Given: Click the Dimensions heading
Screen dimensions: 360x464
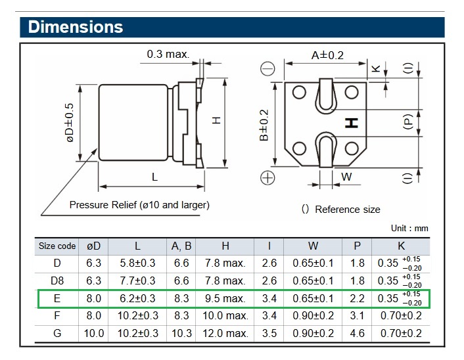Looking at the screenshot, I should [x=76, y=27].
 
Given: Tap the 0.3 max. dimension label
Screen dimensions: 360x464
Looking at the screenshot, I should [x=168, y=54].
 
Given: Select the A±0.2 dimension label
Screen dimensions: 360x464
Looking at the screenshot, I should [x=327, y=55].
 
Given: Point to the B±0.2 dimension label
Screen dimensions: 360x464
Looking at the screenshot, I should [x=264, y=125].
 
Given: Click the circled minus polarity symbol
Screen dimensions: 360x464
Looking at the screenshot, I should [x=268, y=69].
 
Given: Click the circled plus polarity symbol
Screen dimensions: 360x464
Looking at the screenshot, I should [x=268, y=177].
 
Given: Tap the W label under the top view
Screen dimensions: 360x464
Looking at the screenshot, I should [x=347, y=177].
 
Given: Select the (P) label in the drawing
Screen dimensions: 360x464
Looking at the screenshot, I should [x=408, y=123].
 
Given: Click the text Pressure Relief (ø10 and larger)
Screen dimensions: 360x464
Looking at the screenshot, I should [x=139, y=205].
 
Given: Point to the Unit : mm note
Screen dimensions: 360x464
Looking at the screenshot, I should [x=409, y=228].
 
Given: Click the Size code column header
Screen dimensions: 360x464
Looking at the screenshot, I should [x=57, y=246].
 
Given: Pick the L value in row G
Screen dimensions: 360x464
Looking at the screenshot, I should [x=137, y=333].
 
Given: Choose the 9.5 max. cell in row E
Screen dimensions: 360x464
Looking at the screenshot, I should [x=225, y=299].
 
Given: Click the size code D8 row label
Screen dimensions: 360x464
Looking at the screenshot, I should [x=57, y=281].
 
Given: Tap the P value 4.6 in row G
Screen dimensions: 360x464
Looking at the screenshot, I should [x=357, y=333].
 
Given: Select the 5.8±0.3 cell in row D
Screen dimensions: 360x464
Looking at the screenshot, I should [x=137, y=263].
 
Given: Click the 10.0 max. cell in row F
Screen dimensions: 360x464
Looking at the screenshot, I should [x=225, y=316].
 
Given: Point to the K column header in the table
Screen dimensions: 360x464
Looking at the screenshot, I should [x=400, y=246].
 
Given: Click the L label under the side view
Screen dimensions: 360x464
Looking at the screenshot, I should [x=154, y=177].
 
